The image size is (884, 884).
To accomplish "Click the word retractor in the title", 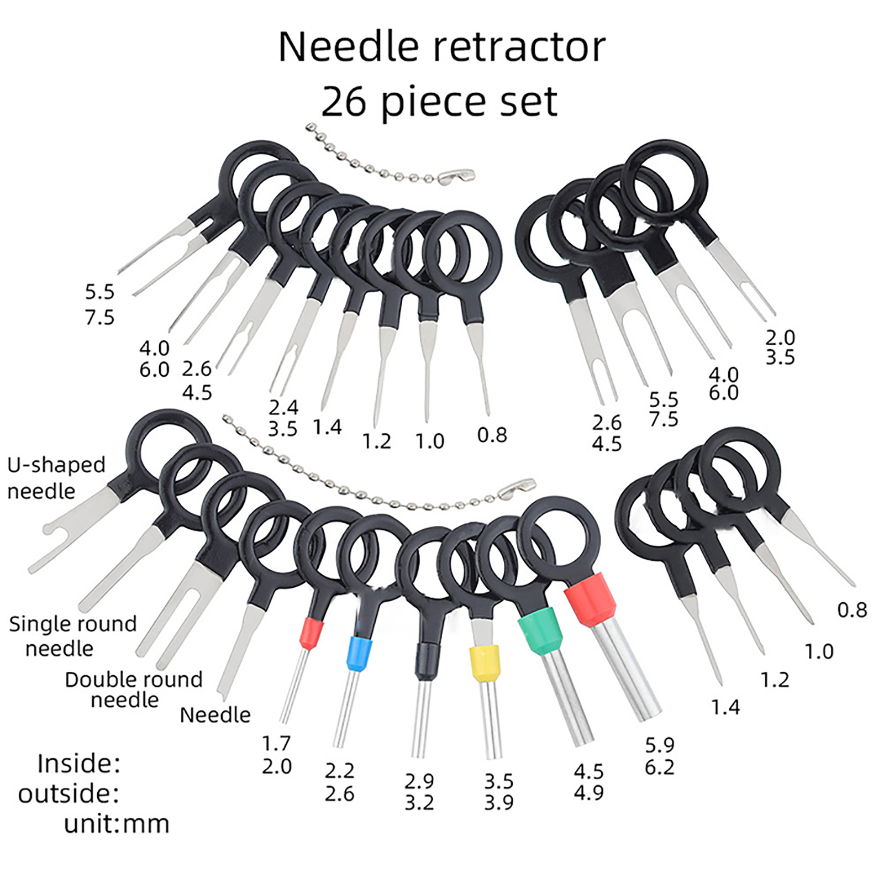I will (519, 47).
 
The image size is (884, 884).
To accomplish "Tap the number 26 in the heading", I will (343, 102).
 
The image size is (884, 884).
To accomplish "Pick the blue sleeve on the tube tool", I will (359, 654).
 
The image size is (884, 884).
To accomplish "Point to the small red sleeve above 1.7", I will (311, 633).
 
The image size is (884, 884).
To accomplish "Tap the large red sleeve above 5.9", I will (591, 599).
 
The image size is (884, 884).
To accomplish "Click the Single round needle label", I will (72, 636).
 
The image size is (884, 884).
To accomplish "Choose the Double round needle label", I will (133, 690).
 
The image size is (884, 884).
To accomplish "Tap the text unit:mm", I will (116, 824).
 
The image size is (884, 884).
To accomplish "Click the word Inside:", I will (78, 764).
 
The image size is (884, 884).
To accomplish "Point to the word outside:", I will (69, 794).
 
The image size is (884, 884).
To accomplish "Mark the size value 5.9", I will (660, 745).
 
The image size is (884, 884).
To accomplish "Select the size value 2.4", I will (283, 407).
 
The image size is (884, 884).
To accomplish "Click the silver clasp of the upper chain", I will (457, 176).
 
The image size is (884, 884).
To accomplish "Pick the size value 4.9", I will (588, 793).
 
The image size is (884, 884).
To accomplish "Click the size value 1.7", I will (276, 744).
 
